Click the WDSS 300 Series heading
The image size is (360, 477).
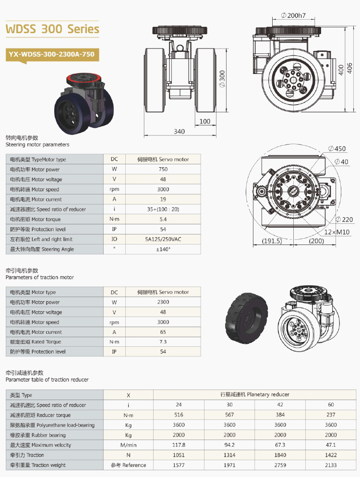(x=52, y=29)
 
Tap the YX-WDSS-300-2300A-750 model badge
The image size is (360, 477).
(x=52, y=55)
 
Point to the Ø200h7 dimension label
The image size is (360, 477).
(x=293, y=15)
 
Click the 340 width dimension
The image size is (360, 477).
(x=179, y=132)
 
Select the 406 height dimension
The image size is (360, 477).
(x=349, y=68)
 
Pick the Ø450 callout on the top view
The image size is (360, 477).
(x=337, y=148)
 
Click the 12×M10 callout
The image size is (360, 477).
(x=337, y=232)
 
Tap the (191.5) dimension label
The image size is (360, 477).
(x=272, y=241)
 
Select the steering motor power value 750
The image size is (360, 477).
(x=163, y=169)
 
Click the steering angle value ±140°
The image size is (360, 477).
(x=163, y=249)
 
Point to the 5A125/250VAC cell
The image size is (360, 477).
(x=163, y=239)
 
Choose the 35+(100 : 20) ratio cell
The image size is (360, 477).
(x=163, y=209)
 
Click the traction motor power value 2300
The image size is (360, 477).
(x=163, y=302)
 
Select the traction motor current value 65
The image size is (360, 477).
(x=163, y=332)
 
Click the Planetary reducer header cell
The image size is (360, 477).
(x=255, y=394)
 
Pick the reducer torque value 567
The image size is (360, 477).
(x=229, y=415)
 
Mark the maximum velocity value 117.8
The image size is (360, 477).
(x=179, y=445)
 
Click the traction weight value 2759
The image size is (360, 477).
(x=280, y=465)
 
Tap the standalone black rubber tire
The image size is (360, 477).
(x=247, y=318)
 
